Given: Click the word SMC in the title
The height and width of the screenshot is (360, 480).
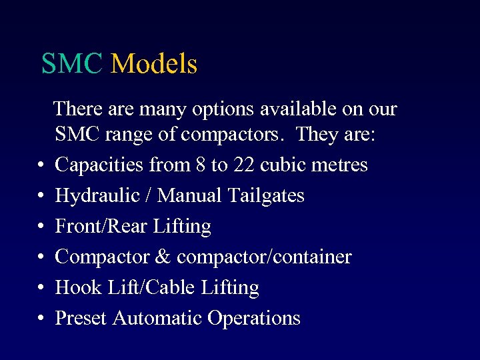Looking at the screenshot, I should [x=72, y=64].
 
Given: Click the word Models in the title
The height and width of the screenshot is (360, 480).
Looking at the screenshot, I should [x=154, y=64].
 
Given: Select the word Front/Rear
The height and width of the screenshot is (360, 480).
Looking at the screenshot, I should [x=102, y=226].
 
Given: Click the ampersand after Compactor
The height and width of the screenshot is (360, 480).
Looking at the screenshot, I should [x=164, y=257].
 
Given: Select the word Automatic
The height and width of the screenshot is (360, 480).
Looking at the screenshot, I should [x=157, y=318].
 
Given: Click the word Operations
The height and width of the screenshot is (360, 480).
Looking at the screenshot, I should [x=254, y=318].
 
